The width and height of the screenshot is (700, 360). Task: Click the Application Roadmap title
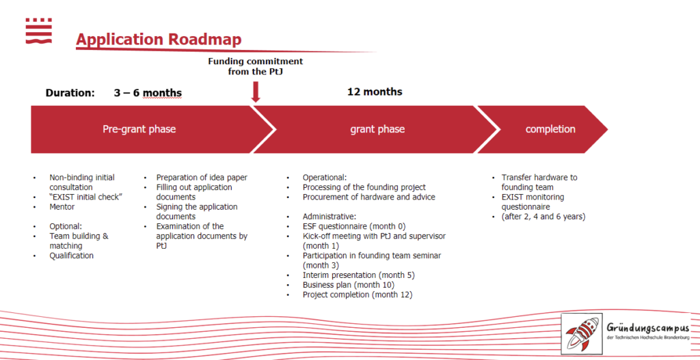coord(159,39)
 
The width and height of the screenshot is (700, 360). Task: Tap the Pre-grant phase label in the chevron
coord(139,129)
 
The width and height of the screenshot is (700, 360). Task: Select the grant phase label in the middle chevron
coord(377,129)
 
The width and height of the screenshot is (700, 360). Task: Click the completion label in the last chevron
coord(550,129)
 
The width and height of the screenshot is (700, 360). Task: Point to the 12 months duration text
coord(375,92)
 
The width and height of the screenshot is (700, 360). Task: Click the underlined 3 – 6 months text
coord(148,93)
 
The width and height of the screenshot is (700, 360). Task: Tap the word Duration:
coord(70,93)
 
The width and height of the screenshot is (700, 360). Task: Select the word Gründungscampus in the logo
coord(648,328)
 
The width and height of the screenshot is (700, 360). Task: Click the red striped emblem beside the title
coord(39,31)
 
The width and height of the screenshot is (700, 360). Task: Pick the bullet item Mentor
coord(62,206)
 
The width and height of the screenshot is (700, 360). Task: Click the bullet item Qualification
coord(71,255)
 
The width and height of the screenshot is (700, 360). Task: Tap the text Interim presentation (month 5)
coord(359,275)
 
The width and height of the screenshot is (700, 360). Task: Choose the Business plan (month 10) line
coord(349,285)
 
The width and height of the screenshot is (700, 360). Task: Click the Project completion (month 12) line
coord(358,295)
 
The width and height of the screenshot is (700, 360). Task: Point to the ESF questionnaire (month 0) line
coord(354,226)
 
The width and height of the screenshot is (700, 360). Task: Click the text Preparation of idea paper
coord(202,177)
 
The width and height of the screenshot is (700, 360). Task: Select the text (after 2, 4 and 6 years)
coord(543,217)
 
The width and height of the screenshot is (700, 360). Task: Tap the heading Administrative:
coord(329,217)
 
